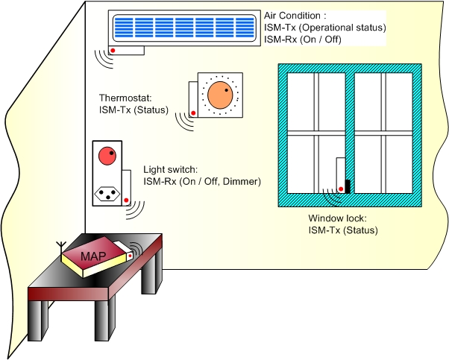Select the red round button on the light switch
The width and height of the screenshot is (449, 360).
pos(107,156)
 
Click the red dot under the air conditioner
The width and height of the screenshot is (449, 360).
pos(113,51)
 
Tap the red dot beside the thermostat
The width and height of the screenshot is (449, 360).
pos(193,113)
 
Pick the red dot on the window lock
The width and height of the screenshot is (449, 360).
pos(341,188)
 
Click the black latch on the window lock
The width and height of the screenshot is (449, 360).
pos(348,185)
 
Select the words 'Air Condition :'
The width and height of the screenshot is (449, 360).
pos(295,15)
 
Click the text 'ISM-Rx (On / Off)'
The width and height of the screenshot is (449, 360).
pos(303,39)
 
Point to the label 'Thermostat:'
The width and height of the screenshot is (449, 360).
pos(125,98)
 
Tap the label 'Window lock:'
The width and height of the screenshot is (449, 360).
pos(337,219)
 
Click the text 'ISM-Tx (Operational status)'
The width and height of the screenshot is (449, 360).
pos(324,27)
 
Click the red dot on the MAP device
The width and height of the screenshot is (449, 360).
pos(129,255)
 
